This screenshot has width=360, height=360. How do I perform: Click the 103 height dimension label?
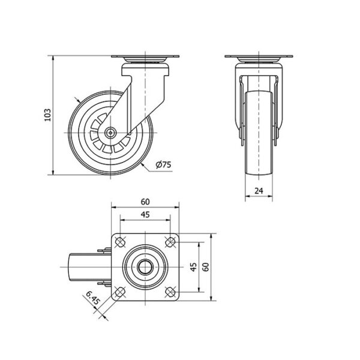point(47,115)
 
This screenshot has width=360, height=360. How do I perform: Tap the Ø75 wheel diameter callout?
point(163,164)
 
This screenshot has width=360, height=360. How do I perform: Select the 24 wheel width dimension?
point(259,191)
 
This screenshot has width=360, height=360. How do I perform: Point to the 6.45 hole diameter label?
point(93,298)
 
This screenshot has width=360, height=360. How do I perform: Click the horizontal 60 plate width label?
point(145,202)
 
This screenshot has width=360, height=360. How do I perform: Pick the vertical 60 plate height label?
point(206,267)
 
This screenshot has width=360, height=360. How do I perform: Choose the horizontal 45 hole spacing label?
point(145,215)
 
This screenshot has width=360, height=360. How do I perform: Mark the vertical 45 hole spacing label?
point(194,267)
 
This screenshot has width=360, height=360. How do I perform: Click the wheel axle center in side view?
point(110,133)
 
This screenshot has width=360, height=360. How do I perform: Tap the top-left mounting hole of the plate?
point(119,242)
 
